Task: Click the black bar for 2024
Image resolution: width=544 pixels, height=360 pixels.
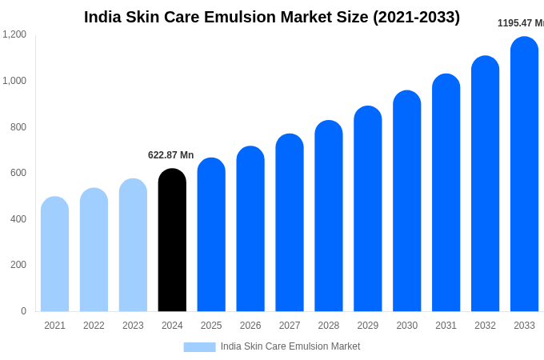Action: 172,240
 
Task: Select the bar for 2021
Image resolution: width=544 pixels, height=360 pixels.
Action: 54,254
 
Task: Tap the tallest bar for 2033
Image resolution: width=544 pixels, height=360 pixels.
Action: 524,174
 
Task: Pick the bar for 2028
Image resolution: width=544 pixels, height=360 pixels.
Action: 328,216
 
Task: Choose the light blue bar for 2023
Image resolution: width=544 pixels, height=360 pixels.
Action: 133,245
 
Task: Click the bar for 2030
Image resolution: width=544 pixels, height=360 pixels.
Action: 406,201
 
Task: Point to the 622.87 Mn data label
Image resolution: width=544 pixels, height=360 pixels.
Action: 170,155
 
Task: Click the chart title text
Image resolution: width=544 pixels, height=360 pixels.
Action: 272,17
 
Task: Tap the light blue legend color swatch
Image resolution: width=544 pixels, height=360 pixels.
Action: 199,347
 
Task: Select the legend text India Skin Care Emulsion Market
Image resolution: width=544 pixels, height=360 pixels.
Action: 290,346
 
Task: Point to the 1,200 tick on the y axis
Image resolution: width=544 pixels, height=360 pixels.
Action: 14,34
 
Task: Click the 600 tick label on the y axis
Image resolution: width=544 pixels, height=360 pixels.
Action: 18,173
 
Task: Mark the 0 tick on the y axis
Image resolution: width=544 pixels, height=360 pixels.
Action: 23,311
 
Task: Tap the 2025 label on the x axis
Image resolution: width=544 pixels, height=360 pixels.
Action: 211,326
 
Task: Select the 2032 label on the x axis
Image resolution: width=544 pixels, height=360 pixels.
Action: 485,326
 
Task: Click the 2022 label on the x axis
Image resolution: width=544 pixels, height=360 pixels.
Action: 94,326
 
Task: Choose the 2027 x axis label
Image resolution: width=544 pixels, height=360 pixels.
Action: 290,326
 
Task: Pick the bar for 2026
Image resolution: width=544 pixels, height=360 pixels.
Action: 250,229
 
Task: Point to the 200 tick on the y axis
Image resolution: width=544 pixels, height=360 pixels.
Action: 18,265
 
